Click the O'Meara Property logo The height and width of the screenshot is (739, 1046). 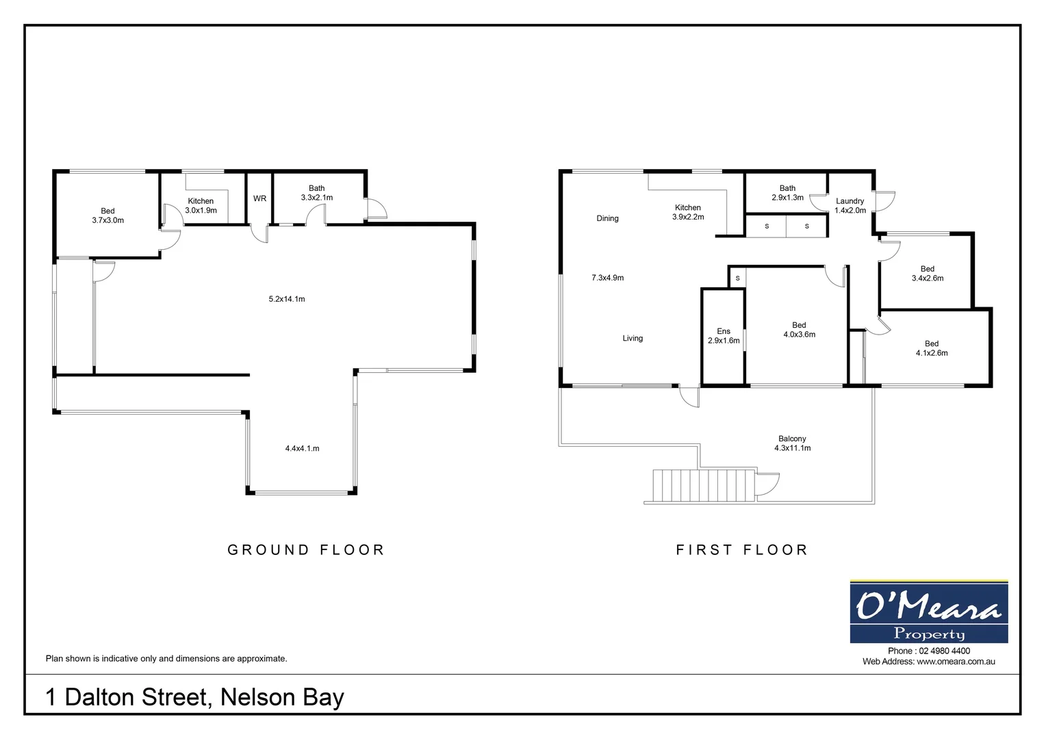coord(928,612)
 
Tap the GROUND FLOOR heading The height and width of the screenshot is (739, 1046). coord(306,549)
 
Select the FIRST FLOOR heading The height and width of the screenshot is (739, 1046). coord(742,549)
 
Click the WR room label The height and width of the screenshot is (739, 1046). coord(259,198)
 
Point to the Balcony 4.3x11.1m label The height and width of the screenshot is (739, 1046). coord(792,443)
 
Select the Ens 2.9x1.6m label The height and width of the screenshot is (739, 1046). coord(724,336)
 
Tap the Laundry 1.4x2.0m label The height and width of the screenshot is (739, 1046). coord(850,206)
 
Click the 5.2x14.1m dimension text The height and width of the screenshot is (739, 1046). coord(287,299)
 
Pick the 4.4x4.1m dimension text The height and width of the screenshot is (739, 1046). coord(302,449)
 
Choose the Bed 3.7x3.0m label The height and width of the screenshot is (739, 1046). coord(107,216)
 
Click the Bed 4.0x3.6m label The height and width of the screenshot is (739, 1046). coord(799,330)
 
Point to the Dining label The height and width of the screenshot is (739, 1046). coord(607,218)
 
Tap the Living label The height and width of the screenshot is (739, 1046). coord(633,338)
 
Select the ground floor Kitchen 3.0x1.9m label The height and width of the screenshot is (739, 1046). coord(201,206)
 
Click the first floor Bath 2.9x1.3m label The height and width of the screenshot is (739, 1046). coord(787,193)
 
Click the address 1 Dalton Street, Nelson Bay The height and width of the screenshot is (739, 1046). coord(194,697)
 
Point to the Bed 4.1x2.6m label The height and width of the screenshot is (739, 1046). coord(931,348)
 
